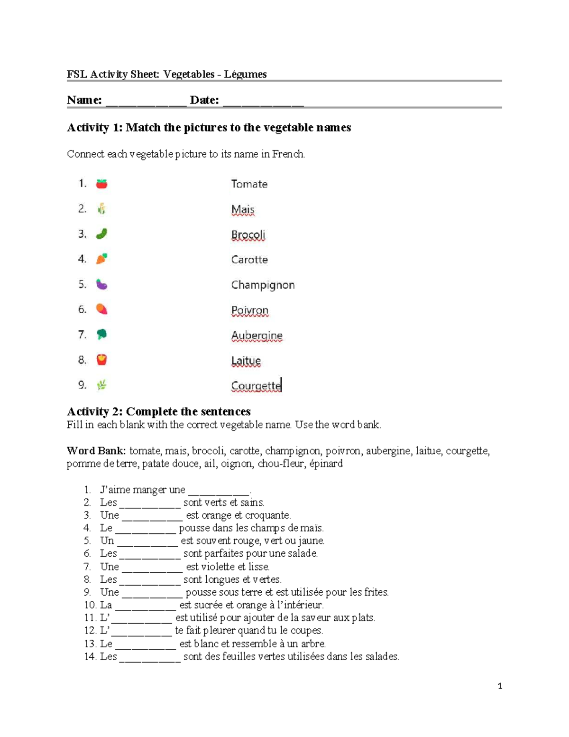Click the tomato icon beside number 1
click(101, 184)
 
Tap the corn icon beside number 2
click(101, 209)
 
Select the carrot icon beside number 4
click(101, 259)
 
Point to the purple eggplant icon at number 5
click(101, 284)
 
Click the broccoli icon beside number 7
click(101, 335)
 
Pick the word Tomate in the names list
click(249, 184)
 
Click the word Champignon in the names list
click(263, 285)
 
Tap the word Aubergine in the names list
click(257, 336)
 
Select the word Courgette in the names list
click(256, 386)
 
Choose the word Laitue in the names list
click(246, 361)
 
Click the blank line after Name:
click(146, 102)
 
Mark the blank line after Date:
click(263, 102)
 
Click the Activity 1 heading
click(209, 128)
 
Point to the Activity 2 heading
click(159, 411)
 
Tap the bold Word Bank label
click(96, 451)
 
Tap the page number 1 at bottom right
click(500, 686)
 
